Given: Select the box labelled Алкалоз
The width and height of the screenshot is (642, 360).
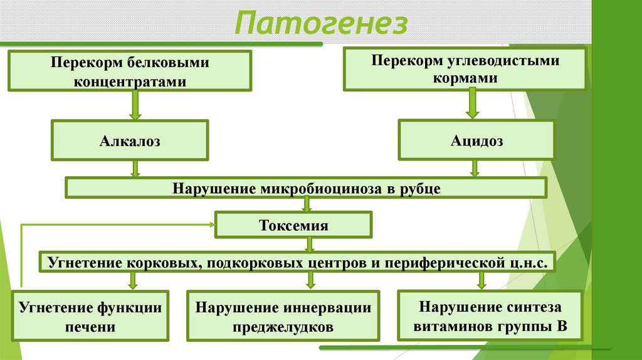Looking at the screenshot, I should (x=130, y=141).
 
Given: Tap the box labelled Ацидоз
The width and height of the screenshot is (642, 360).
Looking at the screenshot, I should (x=476, y=141).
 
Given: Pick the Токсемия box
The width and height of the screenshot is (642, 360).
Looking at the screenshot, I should (x=293, y=225).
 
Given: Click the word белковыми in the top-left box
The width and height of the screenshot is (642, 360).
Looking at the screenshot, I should (x=168, y=64).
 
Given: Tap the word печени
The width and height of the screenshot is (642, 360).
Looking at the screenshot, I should (x=89, y=326).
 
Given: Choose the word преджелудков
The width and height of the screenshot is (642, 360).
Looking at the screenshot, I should (x=283, y=326).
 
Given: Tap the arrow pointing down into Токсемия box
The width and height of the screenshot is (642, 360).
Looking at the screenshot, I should (x=306, y=204).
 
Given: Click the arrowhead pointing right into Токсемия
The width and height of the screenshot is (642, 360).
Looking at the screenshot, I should (x=211, y=224).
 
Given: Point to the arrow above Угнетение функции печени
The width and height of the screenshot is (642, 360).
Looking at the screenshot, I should (x=132, y=280).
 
